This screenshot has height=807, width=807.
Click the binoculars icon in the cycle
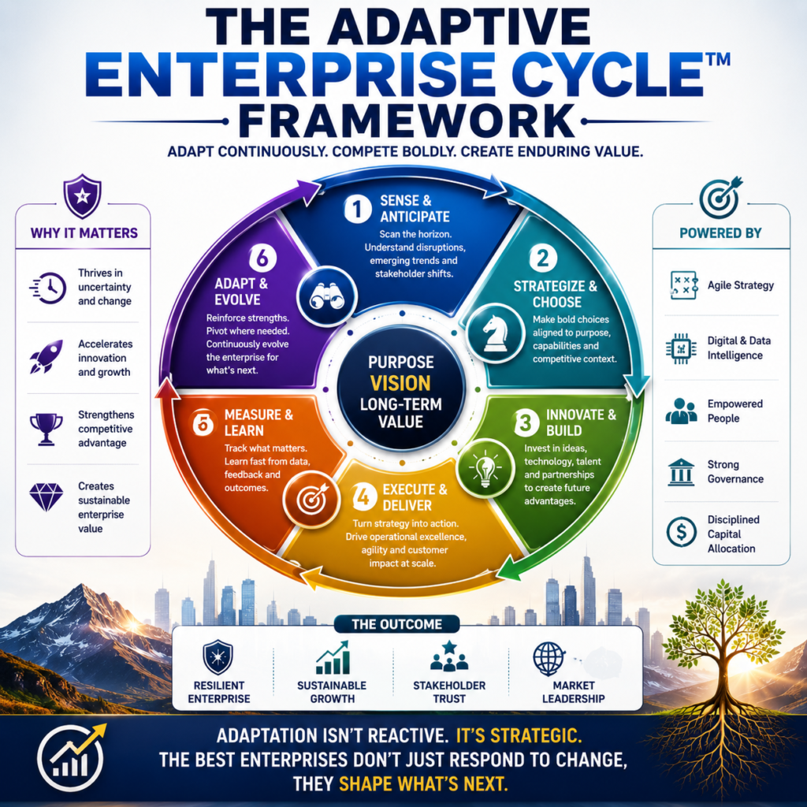pos(326,296)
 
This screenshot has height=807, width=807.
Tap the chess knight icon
pos(496,333)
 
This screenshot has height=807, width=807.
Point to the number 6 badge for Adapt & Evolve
pos(262,258)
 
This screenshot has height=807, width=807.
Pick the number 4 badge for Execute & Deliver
pos(364,497)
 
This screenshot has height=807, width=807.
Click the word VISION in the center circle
pos(400,384)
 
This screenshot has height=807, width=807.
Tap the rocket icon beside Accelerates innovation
pos(46,356)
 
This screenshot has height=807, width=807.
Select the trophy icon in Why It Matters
pos(46,429)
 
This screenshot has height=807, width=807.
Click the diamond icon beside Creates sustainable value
pos(46,497)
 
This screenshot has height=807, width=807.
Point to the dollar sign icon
pos(682,532)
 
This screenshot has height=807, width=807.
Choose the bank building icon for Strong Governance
pos(681,472)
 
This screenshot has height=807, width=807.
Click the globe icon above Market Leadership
pos(549,659)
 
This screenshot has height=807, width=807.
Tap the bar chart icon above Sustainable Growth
pos(333,657)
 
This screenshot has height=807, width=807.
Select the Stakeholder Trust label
pos(449,692)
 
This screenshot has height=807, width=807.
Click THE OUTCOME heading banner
pos(397,624)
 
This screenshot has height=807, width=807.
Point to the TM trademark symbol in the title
pos(717,59)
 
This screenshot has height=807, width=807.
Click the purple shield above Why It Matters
pos(82,196)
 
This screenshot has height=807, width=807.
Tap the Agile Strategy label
pos(741,285)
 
